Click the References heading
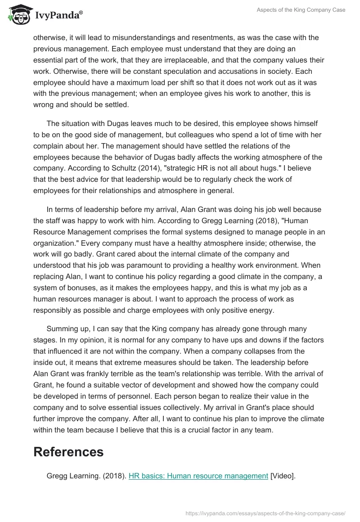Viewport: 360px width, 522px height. pos(68,452)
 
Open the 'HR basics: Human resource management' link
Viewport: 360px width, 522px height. pos(198,476)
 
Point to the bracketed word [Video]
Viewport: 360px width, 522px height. pos(283,476)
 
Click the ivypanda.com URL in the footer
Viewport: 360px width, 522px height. pos(265,513)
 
